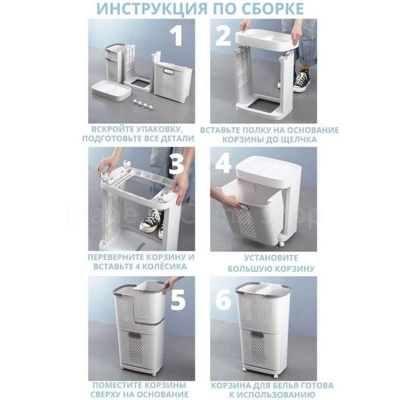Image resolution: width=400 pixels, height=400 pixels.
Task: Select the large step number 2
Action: tap(223, 35)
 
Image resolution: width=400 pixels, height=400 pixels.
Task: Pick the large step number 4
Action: tap(223, 165)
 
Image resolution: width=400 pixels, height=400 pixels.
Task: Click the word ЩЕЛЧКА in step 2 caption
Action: tap(301, 139)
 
